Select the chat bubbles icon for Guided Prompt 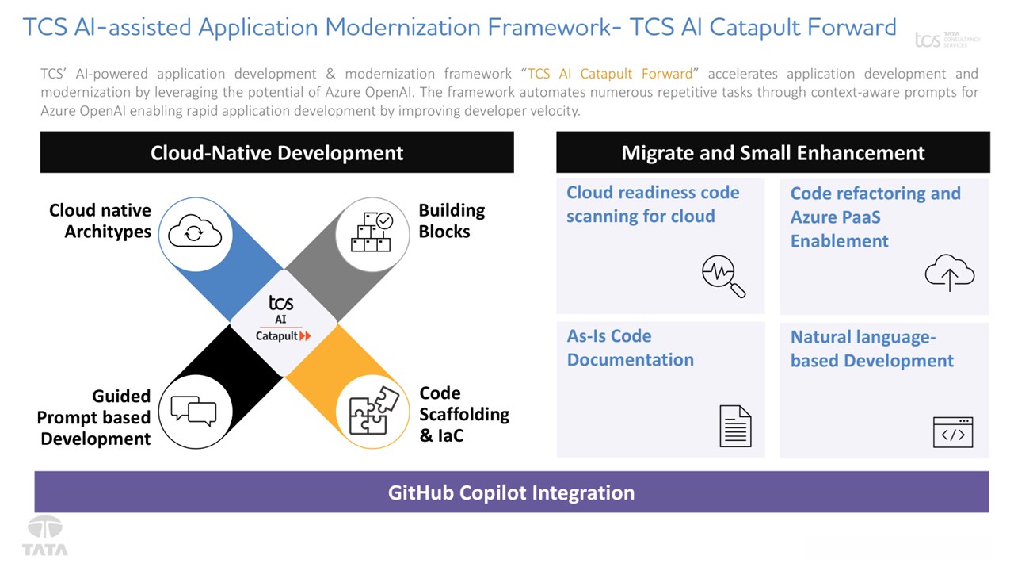[x=193, y=411]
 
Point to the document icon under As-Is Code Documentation [x=734, y=426]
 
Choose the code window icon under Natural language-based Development [x=952, y=432]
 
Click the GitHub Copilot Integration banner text [x=511, y=492]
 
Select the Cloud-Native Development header [x=276, y=152]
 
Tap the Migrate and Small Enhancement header [x=772, y=152]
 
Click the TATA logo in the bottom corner [x=45, y=537]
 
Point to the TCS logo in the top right [x=947, y=40]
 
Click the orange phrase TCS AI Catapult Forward [x=610, y=74]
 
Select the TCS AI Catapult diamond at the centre [x=283, y=322]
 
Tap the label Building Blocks [x=452, y=220]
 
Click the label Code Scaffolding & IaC [x=463, y=414]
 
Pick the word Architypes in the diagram [x=108, y=232]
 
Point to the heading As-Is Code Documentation [x=630, y=347]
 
